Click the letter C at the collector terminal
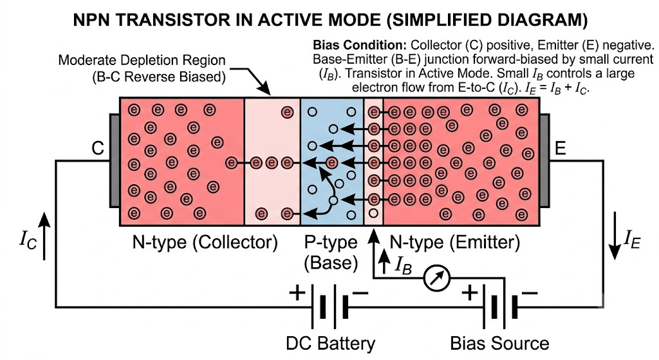click(x=98, y=148)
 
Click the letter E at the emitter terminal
click(x=561, y=148)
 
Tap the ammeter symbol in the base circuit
click(x=437, y=278)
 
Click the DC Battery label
click(x=330, y=343)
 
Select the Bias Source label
click(x=499, y=343)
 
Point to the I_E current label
click(x=632, y=239)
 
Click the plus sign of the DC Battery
click(x=297, y=292)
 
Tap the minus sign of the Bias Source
click(x=529, y=292)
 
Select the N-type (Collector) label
click(x=205, y=242)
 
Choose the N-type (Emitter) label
click(x=455, y=242)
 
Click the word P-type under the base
click(x=331, y=242)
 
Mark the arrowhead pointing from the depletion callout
click(x=265, y=89)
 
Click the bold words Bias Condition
click(x=360, y=45)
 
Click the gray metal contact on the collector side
click(x=115, y=160)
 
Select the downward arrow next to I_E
click(x=615, y=236)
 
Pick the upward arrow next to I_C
click(x=44, y=236)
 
